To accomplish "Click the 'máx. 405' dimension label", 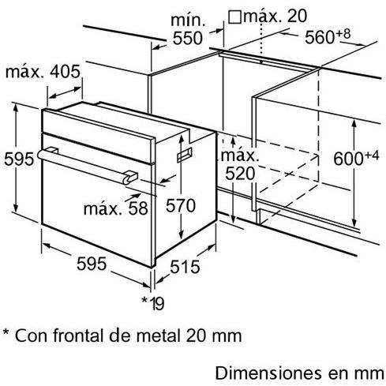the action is coord(43,72).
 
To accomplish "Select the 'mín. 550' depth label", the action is coord(188,29).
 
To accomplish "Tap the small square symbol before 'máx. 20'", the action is coord(234,17).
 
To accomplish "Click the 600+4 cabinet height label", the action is coord(356,158).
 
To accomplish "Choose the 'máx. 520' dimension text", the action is coord(240,165).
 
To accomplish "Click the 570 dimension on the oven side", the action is coord(181,205).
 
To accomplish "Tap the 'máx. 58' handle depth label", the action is coord(116,208).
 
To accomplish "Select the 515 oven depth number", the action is coord(185,267).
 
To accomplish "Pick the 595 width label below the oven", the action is coord(92,264).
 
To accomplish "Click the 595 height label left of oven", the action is coord(19,159).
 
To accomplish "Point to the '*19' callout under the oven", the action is coord(153,303).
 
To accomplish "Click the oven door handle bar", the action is coord(87,165).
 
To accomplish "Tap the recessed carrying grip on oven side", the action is coord(185,155).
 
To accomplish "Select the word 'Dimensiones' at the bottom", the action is coord(268,373).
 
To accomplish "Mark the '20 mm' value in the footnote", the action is coord(213,336).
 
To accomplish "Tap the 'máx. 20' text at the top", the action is coord(275,17).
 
